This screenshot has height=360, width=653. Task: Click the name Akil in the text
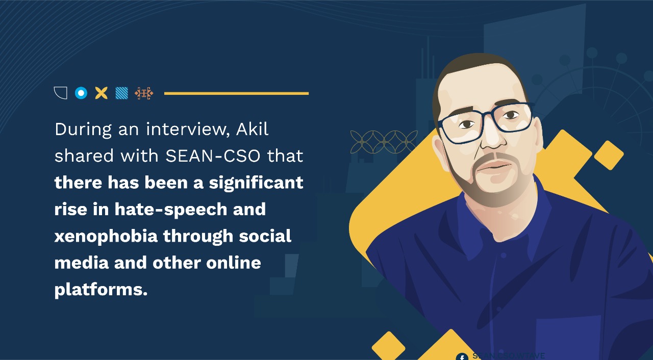(x=252, y=130)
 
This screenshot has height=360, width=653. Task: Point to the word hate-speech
(x=170, y=209)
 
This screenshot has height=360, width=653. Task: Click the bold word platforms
(x=101, y=290)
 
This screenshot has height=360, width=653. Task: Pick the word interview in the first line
(x=187, y=130)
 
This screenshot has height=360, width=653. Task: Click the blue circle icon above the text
(x=81, y=93)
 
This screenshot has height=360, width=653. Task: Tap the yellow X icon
(x=102, y=93)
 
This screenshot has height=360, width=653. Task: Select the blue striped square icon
(x=121, y=93)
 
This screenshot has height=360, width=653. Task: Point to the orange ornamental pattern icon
(x=144, y=93)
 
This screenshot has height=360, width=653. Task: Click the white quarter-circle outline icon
(x=61, y=93)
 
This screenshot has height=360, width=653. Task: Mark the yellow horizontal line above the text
(x=236, y=93)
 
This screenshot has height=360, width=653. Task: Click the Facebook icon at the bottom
(x=462, y=356)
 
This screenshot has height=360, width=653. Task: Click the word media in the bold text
(x=82, y=263)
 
